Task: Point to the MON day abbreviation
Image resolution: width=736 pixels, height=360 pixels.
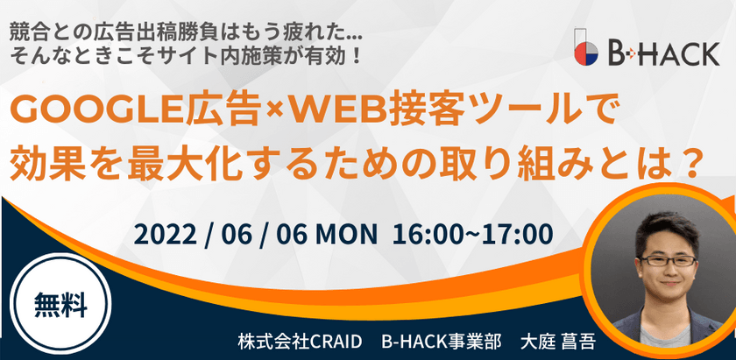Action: tap(346, 235)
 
